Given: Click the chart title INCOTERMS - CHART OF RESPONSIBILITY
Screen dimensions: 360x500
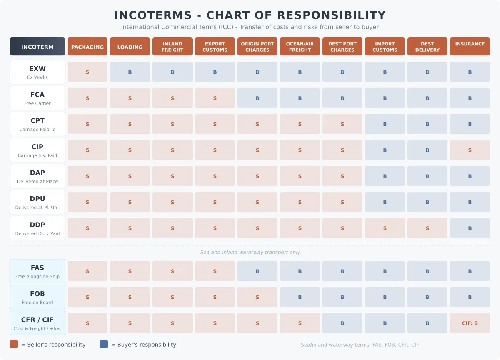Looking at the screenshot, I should point(250,15).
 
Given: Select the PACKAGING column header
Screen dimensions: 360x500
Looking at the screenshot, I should point(87,47).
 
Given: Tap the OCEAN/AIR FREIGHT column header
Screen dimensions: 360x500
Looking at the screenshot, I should point(300,47).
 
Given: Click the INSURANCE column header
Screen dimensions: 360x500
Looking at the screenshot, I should point(470,47).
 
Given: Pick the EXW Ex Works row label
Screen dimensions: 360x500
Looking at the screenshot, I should point(37,72).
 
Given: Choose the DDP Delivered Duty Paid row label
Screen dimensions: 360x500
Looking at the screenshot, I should point(37,228).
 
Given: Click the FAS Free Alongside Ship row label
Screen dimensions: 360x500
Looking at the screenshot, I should point(37,271).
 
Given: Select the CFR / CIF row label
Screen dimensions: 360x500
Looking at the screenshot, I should point(37,323).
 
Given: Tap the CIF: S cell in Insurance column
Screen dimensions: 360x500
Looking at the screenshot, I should point(470,323).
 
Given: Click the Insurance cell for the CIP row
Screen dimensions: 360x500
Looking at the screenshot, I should point(470,150).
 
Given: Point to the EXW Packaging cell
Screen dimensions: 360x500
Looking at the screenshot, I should point(87,72).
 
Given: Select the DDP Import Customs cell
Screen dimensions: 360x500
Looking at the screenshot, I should point(385,228).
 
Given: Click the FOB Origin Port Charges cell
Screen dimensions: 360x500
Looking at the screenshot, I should point(257,297).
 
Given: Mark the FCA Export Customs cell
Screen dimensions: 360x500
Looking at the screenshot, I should point(215,98).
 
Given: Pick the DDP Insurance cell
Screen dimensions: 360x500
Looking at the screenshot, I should point(470,228).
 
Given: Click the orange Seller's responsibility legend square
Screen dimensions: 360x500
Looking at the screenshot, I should point(14,344).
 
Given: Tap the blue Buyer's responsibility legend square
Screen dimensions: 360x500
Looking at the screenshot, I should point(104,344).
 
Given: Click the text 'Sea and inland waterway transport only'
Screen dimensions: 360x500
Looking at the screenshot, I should point(250,252).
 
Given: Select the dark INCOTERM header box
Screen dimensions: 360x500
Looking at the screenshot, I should point(37,47).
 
